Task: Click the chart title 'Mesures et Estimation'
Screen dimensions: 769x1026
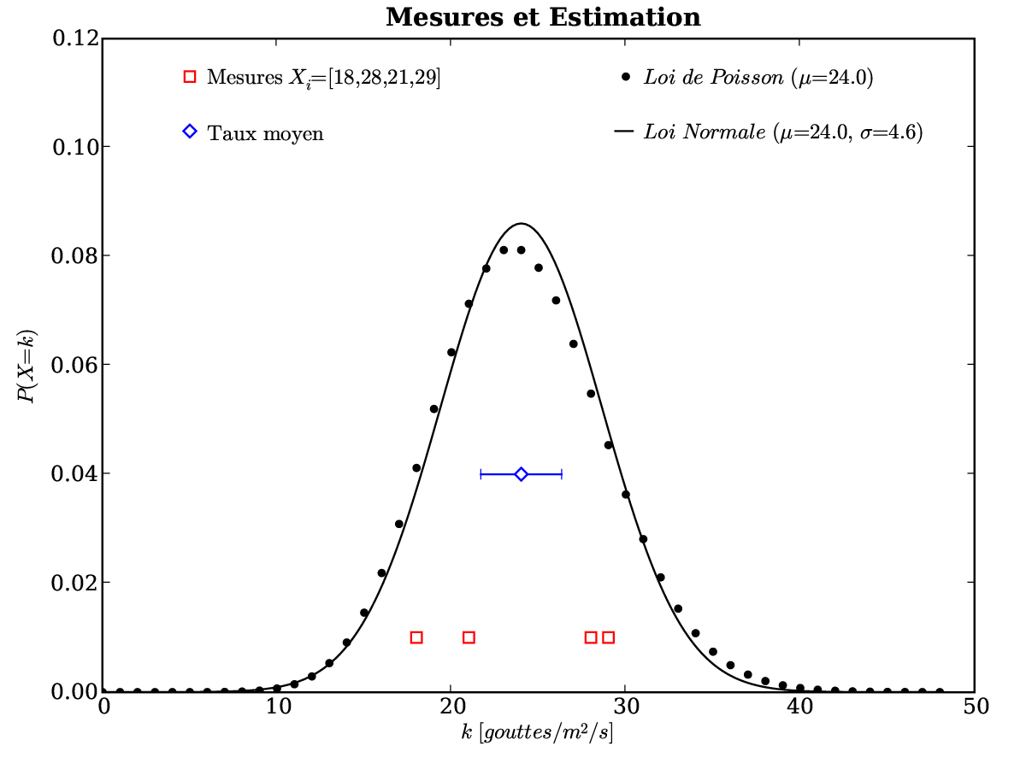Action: [543, 17]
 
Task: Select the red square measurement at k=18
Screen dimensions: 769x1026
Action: [416, 637]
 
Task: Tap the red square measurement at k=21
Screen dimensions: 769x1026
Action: [469, 637]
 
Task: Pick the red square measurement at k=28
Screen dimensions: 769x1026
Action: [591, 637]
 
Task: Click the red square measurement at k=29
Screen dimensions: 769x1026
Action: [608, 637]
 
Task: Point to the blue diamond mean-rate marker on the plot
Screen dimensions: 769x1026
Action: [521, 474]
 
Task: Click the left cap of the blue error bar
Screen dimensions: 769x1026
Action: [481, 474]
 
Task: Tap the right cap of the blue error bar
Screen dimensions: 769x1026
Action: [561, 474]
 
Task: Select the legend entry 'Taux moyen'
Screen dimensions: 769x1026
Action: [266, 133]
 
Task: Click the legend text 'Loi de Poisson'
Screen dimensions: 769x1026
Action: [713, 78]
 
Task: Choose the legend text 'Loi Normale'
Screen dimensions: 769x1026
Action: [705, 132]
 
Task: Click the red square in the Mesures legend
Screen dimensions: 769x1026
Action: [190, 78]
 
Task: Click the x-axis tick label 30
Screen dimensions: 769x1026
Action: [625, 707]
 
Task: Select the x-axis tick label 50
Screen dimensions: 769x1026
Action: [975, 707]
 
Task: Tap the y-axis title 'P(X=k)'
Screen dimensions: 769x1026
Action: [30, 365]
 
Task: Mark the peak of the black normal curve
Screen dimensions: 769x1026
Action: [521, 224]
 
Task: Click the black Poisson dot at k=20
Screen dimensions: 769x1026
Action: [451, 352]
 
